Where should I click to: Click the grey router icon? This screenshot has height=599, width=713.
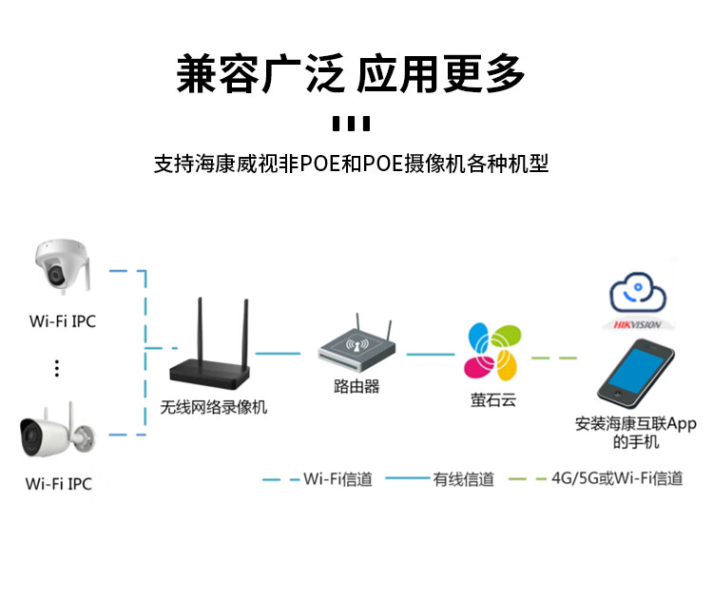[356, 347]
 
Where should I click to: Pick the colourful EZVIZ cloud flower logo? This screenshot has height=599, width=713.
[492, 352]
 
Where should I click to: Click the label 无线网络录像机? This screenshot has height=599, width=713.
[214, 407]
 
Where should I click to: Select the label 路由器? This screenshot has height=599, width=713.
[356, 386]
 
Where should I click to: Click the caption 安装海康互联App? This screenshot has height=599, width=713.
[636, 423]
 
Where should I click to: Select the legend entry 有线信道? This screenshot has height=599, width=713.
[464, 478]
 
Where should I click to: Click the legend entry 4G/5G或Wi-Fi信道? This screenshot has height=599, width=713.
[618, 478]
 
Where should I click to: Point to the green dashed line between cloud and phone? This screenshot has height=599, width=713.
[554, 357]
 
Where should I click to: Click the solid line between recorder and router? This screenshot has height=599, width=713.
[284, 354]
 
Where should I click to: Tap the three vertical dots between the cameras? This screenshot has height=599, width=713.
[57, 368]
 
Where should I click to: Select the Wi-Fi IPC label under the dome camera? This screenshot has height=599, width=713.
[63, 321]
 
